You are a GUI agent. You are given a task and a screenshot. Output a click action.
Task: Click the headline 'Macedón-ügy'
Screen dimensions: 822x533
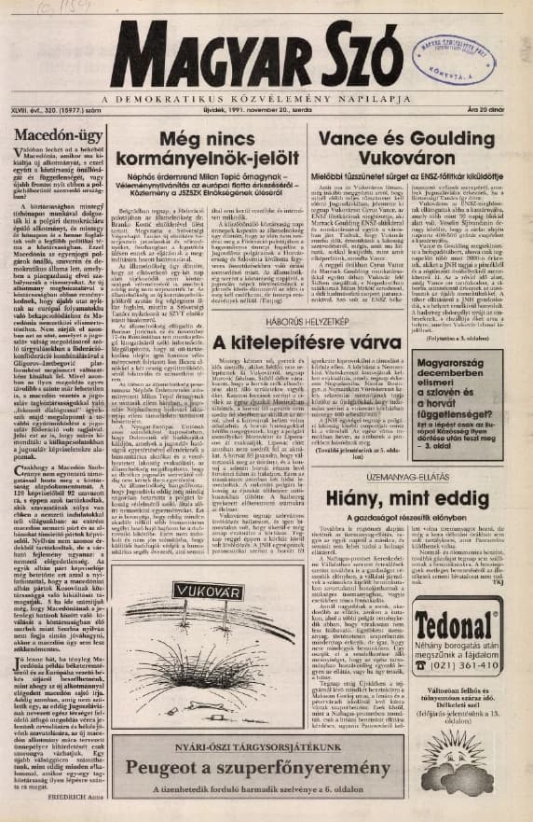point(59,139)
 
